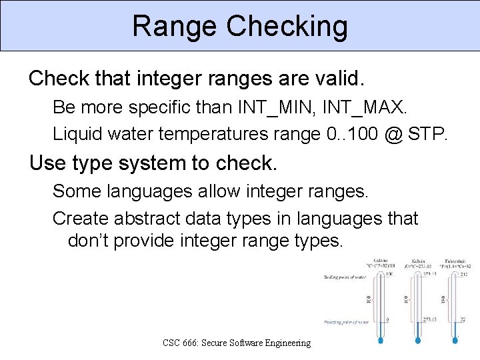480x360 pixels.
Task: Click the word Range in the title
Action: (174, 27)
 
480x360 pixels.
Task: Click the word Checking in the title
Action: (287, 27)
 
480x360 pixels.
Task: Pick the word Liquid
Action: (80, 134)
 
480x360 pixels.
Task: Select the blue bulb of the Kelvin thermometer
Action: (418, 340)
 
